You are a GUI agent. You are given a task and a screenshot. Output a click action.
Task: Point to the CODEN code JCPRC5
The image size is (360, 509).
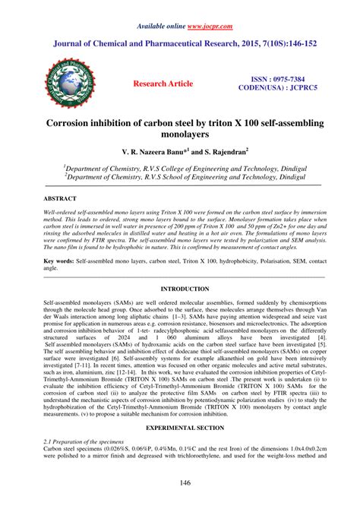pyautogui.click(x=298, y=88)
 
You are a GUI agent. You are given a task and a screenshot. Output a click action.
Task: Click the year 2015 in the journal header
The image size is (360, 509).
pyautogui.click(x=256, y=44)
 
